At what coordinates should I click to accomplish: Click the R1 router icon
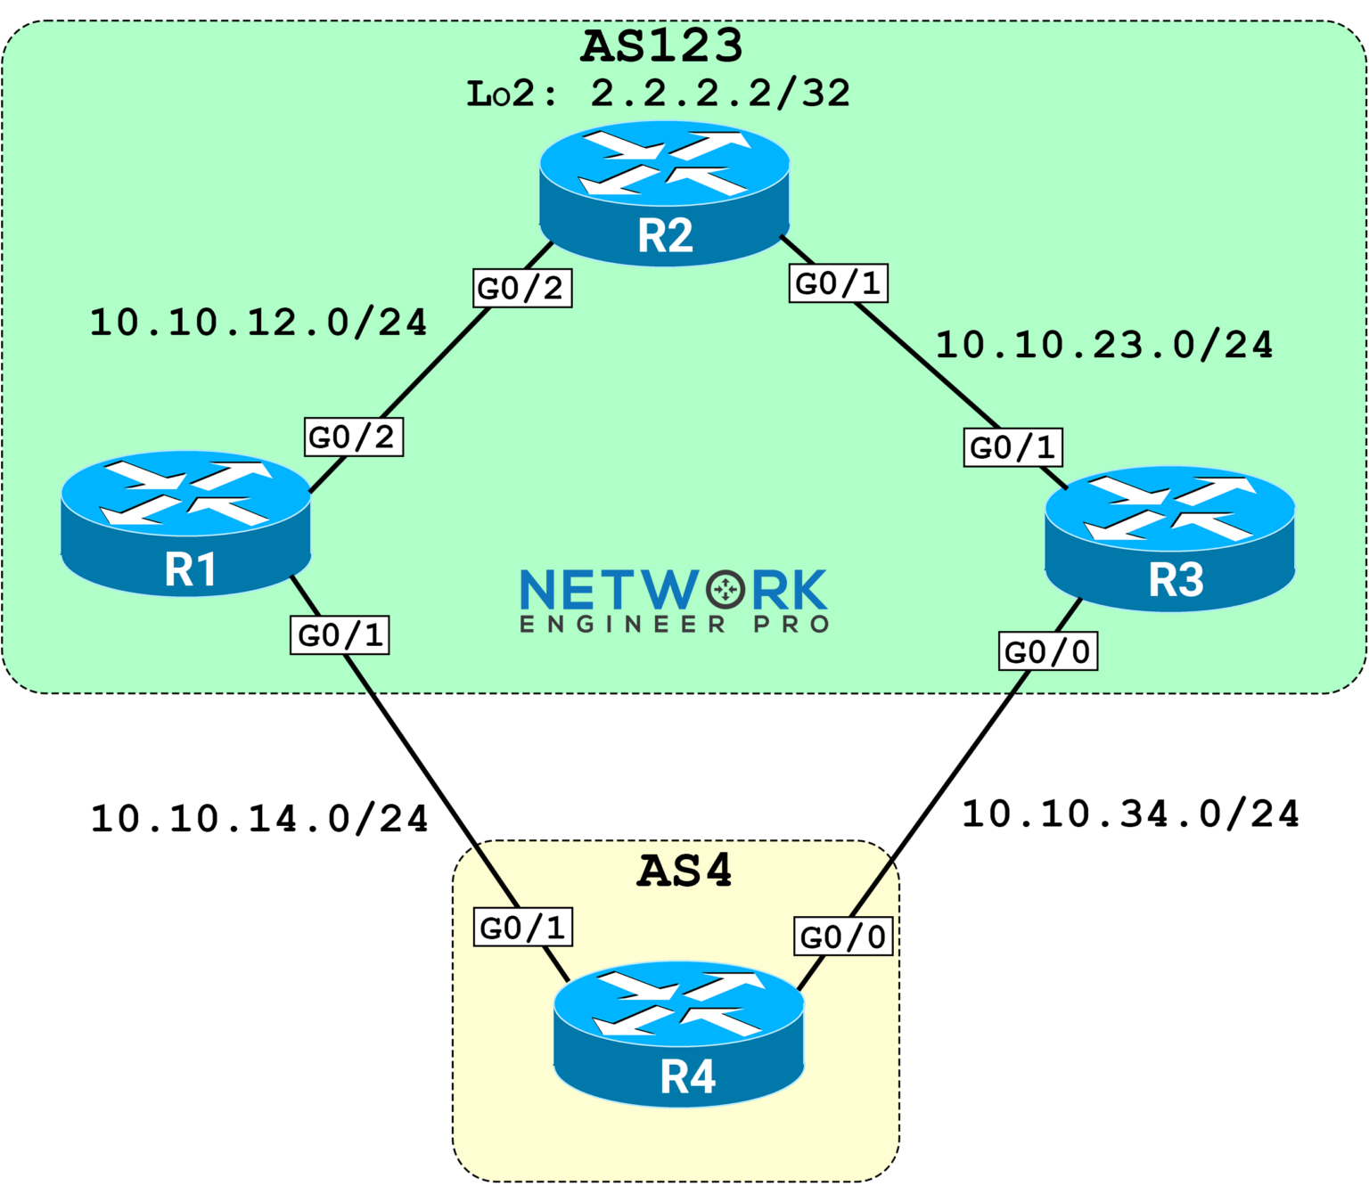coord(186,523)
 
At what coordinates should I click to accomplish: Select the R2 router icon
coord(665,193)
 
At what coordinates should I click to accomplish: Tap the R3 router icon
coord(1169,538)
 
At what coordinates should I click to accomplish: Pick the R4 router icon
coord(679,1034)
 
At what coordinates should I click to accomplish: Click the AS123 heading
coord(661,46)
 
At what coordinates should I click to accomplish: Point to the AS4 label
coord(684,871)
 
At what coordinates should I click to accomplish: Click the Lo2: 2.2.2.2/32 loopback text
coord(659,94)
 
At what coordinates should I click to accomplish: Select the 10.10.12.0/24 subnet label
coord(258,323)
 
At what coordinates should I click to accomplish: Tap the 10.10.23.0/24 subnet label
coord(1103,346)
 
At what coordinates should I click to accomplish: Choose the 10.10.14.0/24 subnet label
coord(259,819)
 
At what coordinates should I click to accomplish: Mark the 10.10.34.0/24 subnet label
coord(1130,814)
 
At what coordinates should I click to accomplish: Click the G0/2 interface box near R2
coord(521,288)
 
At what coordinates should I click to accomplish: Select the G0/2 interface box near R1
coord(354,437)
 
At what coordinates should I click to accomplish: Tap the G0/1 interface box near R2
coord(838,283)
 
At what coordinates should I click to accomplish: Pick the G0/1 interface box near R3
coord(1012,447)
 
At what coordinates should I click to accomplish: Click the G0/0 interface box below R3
coord(1047,651)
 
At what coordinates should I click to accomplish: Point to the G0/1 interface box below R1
coord(340,635)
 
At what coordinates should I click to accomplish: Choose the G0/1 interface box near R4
coord(522,928)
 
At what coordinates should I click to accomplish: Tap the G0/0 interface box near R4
coord(843,937)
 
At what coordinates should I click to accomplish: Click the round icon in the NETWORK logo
coord(725,589)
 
